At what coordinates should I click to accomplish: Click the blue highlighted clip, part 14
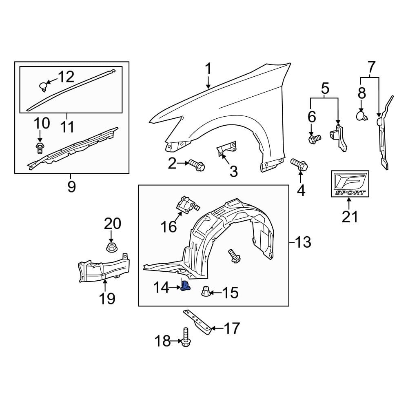tap(186, 286)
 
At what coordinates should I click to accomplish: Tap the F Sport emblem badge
tap(350, 184)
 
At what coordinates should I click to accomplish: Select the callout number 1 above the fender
tap(208, 69)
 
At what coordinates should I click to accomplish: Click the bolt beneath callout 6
tap(315, 140)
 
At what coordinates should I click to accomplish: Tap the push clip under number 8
tap(361, 116)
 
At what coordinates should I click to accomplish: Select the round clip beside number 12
tap(43, 86)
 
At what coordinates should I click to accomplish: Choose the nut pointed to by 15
tap(206, 292)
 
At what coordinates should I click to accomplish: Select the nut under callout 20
tap(111, 247)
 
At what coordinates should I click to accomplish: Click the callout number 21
tap(350, 216)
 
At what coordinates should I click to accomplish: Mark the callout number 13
tap(303, 242)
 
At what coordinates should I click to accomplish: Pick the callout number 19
tap(106, 298)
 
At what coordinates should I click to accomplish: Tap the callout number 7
tap(370, 65)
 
